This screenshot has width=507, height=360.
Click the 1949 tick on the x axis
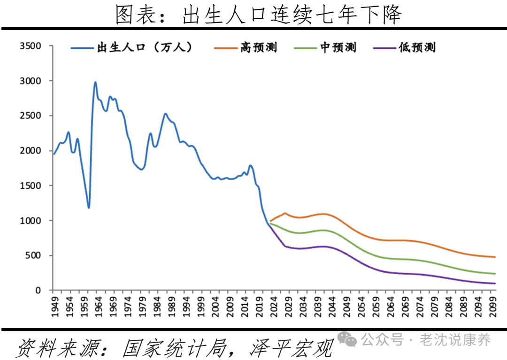tap(54, 305)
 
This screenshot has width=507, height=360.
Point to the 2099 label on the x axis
tap(493, 305)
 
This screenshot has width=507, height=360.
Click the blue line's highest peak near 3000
tap(95, 82)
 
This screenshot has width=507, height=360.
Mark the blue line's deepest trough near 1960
tap(88, 207)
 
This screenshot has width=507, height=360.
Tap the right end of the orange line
tap(495, 257)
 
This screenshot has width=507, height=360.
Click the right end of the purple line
tap(495, 283)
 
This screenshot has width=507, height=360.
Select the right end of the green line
tap(495, 274)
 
